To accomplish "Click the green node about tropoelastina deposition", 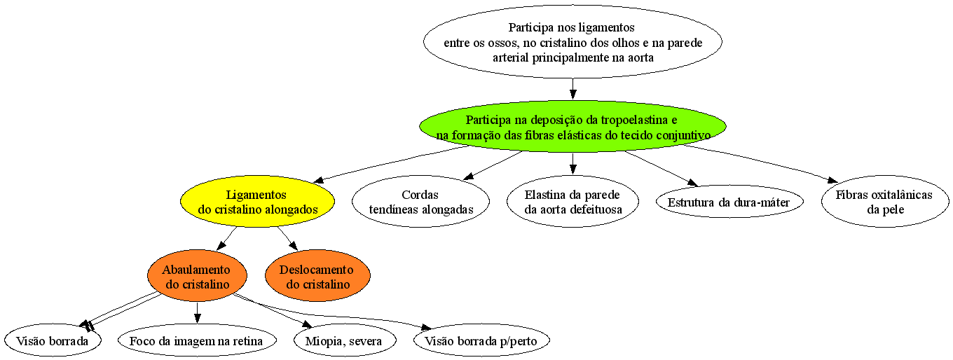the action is tap(573, 127).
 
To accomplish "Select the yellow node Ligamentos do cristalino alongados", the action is tap(257, 202).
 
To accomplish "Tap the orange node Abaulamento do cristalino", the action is tap(197, 276).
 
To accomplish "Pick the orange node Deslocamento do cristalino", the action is tap(317, 276).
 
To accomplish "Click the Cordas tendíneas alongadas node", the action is tap(420, 202).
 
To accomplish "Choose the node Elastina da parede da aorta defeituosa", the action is tap(573, 202).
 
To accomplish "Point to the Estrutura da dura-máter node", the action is tap(729, 202).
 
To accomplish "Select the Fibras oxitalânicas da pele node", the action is tap(885, 202).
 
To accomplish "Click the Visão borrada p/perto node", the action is tap(481, 340).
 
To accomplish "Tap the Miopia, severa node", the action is tap(345, 340).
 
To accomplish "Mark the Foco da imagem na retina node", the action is tap(197, 340).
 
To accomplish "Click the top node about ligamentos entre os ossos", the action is tap(573, 41).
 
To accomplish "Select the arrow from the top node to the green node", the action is tap(573, 89).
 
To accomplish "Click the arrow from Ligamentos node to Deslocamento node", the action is tap(287, 238).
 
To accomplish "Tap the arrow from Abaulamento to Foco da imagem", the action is tap(197, 313).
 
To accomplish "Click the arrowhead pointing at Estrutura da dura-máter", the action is tap(692, 183).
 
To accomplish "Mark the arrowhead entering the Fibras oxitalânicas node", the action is tap(832, 179).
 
